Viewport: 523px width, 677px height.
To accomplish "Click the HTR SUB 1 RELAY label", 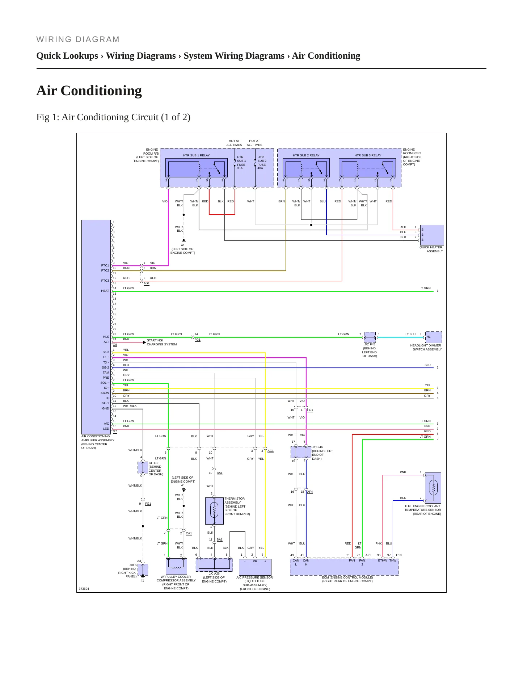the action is (196, 155).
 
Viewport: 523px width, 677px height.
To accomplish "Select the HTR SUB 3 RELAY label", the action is (368, 155).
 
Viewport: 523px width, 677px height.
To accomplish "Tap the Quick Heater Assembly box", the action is (432, 235).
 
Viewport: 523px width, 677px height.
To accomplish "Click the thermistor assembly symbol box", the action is (214, 511).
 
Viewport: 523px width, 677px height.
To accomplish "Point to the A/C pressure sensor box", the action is (255, 567).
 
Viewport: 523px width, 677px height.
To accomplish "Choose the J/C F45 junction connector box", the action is (370, 337).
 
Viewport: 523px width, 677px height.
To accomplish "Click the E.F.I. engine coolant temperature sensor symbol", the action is (433, 488).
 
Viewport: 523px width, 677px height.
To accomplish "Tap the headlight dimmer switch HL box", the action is (434, 337).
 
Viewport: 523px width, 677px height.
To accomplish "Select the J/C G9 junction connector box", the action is (143, 467).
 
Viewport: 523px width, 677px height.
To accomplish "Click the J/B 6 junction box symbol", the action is (143, 569).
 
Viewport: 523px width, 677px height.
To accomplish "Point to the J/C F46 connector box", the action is (301, 452).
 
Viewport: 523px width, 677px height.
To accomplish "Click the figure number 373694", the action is (84, 589).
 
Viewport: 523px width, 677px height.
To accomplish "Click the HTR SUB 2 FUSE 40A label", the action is (262, 163).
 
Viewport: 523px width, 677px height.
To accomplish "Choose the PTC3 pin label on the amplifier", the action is (105, 281).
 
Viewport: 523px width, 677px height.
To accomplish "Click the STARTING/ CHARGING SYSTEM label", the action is (162, 342).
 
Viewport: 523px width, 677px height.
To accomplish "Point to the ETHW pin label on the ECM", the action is (383, 560).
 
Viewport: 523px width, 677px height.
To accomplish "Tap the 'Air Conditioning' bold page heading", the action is (89, 91).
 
